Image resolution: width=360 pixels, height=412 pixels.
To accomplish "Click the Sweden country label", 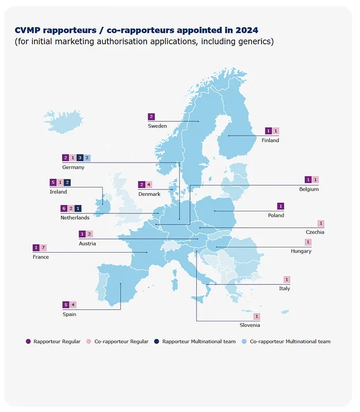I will click(x=157, y=126).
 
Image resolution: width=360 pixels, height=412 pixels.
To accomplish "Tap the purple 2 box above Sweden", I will click(x=151, y=117).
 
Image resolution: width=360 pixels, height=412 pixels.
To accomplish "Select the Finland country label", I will click(x=270, y=140).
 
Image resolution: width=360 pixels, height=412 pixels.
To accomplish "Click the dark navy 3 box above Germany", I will click(x=80, y=158).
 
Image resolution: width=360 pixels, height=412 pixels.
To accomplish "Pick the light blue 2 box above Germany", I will click(x=87, y=158).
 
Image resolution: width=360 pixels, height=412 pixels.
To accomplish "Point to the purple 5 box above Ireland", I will click(x=53, y=182).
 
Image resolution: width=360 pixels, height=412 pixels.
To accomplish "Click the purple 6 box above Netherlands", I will click(x=64, y=208).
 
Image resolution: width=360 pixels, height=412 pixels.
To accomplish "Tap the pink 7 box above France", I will click(x=43, y=247).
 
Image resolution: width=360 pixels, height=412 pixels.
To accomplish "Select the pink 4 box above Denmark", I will click(x=149, y=185).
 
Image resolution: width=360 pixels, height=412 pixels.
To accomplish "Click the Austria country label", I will click(x=87, y=244).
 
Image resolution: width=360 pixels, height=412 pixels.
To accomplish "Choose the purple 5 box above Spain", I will click(x=66, y=304).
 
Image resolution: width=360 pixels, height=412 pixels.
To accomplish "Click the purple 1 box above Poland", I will click(x=281, y=206).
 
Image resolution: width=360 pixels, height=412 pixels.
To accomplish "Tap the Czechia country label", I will click(x=315, y=232).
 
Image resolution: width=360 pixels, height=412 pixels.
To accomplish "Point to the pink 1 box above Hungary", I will click(x=308, y=242).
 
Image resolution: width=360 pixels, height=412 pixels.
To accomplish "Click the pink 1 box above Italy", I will click(x=287, y=280).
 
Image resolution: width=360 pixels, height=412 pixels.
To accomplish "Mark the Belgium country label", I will click(x=309, y=189).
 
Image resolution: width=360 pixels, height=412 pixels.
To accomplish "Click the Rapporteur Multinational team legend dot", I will click(x=157, y=342).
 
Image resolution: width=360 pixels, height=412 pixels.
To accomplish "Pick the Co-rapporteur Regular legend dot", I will click(x=89, y=342).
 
